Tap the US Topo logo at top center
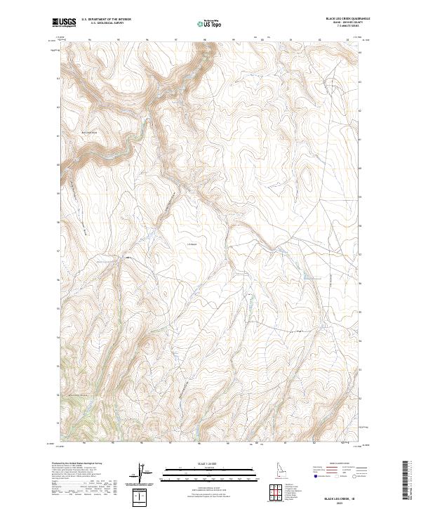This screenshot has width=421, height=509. tap(210, 24)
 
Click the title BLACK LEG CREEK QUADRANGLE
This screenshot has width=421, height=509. tap(347, 19)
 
